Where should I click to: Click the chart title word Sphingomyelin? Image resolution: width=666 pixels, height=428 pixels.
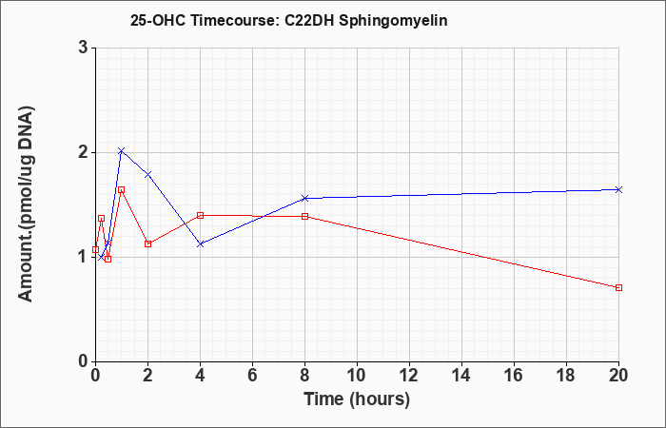393,21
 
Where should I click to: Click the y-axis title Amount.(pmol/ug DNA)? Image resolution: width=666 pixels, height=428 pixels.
26,204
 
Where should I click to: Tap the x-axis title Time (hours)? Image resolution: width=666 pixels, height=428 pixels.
357,399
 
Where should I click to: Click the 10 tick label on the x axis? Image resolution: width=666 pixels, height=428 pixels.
357,376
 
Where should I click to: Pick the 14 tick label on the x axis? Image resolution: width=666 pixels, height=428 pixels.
461,376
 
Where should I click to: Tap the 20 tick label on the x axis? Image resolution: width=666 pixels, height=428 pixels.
618,376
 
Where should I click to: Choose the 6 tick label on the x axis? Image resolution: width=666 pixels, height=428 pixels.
252,376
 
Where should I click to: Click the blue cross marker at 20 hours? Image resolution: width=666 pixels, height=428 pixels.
618,190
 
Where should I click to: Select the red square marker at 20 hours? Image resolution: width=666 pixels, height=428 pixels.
618,287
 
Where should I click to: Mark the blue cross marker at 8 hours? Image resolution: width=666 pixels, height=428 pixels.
305,198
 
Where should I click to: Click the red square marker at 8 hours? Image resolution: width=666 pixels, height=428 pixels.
305,216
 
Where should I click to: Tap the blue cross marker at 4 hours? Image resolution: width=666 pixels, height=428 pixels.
201,244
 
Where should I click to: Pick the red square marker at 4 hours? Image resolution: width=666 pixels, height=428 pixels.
201,215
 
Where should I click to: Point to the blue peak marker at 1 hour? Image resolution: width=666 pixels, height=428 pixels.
122,150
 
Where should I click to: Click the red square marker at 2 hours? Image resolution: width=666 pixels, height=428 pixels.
147,243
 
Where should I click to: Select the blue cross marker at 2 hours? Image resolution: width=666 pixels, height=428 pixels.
147,174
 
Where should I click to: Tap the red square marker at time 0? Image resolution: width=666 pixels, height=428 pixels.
95,249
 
